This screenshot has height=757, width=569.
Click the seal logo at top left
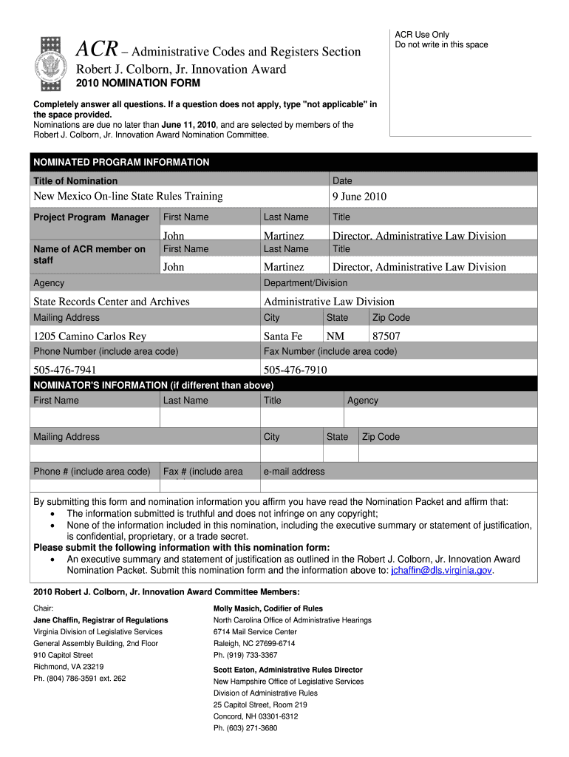pos(55,58)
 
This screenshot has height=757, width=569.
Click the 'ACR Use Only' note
pos(421,35)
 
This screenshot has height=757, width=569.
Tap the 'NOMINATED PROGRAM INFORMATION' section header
pos(121,162)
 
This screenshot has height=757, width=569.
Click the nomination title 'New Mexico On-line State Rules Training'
pos(128,196)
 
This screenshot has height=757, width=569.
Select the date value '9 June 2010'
pos(359,196)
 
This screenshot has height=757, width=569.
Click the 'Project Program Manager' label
pos(91,217)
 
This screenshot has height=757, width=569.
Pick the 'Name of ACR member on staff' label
pos(89,254)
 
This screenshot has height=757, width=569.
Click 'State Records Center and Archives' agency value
pos(112,301)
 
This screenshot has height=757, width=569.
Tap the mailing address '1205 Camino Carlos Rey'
pos(90,336)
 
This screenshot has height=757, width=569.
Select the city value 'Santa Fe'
pos(283,336)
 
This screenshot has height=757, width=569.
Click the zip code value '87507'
pos(386,336)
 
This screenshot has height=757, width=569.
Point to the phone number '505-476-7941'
pos(65,370)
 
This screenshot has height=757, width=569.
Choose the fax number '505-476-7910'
pos(296,370)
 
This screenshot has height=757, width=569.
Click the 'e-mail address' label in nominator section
pos(294,471)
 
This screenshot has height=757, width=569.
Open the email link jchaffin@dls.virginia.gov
pos(441,570)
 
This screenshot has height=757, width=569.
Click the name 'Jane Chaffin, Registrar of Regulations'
pos(100,619)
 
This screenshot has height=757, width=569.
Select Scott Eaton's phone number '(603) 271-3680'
pos(245,727)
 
